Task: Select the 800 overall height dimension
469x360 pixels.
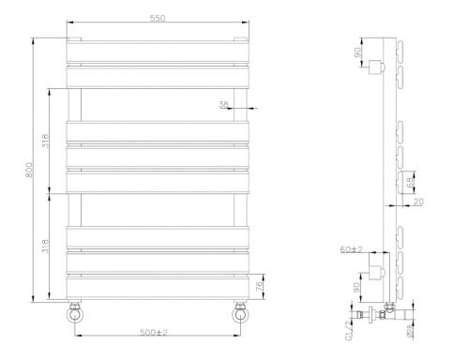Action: click(30, 172)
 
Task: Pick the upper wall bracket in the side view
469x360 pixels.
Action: click(377, 67)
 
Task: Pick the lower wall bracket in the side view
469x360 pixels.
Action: click(377, 273)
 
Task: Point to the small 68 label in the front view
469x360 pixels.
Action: click(221, 104)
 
